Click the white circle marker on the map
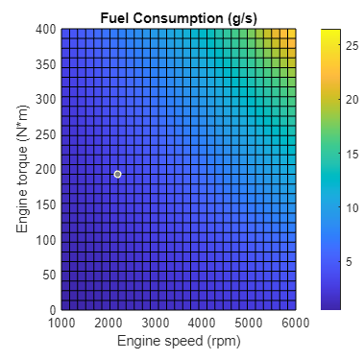pyautogui.click(x=117, y=174)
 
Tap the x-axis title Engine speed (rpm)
pyautogui.click(x=179, y=342)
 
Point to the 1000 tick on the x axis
pyautogui.click(x=61, y=324)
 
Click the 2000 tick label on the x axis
pyautogui.click(x=109, y=324)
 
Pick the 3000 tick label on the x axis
pyautogui.click(x=156, y=324)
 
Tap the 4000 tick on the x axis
pyautogui.click(x=202, y=324)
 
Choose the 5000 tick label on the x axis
pyautogui.click(x=249, y=324)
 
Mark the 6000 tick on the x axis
pyautogui.click(x=295, y=324)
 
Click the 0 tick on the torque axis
pyautogui.click(x=52, y=310)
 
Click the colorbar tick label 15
pyautogui.click(x=352, y=154)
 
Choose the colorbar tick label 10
pyautogui.click(x=352, y=207)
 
